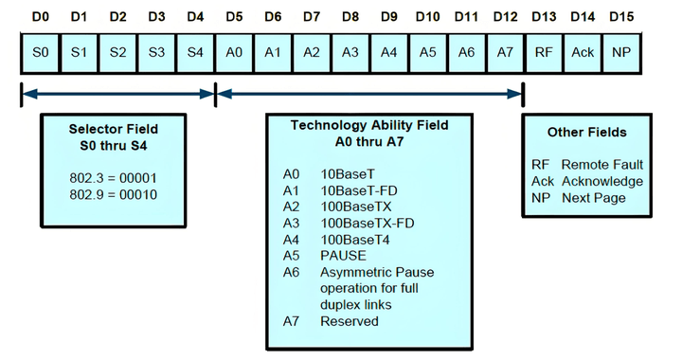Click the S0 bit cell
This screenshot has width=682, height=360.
point(40,53)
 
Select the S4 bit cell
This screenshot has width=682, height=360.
point(195,53)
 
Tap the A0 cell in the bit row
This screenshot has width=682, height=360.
point(234,53)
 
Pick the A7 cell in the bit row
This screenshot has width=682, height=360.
point(505,53)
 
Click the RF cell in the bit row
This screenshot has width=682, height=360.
point(544,53)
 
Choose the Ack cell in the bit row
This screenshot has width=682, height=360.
point(583,53)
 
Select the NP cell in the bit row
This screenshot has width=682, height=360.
point(621,53)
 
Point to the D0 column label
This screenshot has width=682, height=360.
point(41,17)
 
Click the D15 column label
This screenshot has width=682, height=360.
point(621,17)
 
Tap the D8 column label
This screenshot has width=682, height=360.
point(350,17)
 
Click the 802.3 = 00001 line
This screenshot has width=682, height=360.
point(113,178)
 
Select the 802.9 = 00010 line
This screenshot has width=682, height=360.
point(113,194)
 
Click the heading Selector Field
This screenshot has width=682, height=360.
point(113,129)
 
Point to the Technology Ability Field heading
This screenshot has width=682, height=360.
point(369,125)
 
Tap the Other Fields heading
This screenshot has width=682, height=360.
point(586,133)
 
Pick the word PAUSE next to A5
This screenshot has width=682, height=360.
point(343,255)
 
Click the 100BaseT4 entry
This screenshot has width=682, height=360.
point(355,240)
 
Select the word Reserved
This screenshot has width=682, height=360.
point(350,321)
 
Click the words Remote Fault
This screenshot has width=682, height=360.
point(602,165)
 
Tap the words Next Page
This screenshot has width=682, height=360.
point(594,198)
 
